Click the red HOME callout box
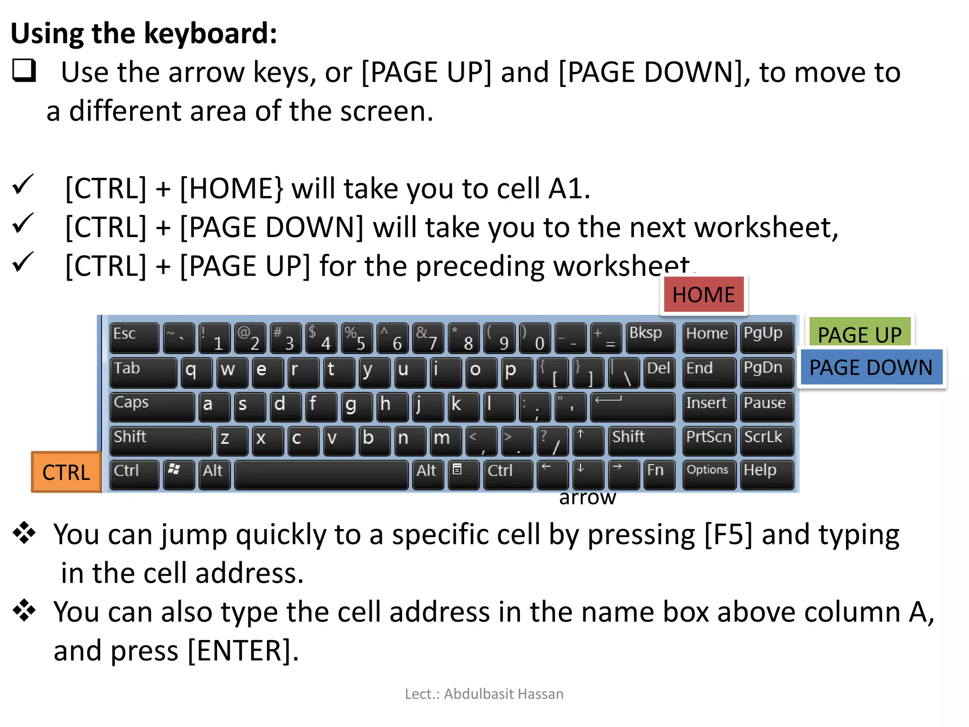[x=704, y=295]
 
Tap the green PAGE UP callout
[x=860, y=333]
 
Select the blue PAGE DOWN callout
[x=871, y=368]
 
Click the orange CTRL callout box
[x=66, y=472]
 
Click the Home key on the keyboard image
[x=708, y=338]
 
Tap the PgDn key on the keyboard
[x=766, y=372]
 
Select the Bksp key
[x=650, y=338]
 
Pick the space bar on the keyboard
[x=321, y=475]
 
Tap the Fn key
[x=659, y=475]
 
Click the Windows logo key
[x=178, y=475]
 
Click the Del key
[x=659, y=372]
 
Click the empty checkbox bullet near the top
[x=24, y=71]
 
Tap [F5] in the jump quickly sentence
[x=728, y=535]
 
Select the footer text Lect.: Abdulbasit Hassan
[x=484, y=694]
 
